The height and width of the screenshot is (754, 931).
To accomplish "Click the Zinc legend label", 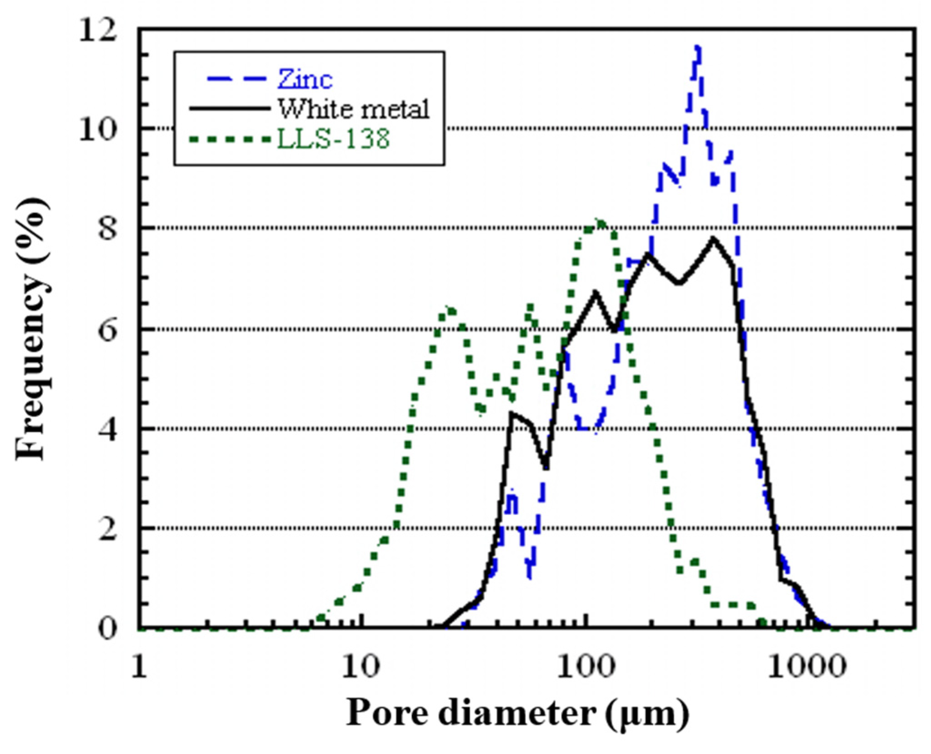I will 305,80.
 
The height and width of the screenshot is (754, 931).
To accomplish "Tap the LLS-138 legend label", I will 333,139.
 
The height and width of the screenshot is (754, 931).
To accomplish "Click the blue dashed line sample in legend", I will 236,80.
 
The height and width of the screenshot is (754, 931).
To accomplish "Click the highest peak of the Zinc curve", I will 697,47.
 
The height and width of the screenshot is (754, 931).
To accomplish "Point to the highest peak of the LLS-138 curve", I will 601,222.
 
